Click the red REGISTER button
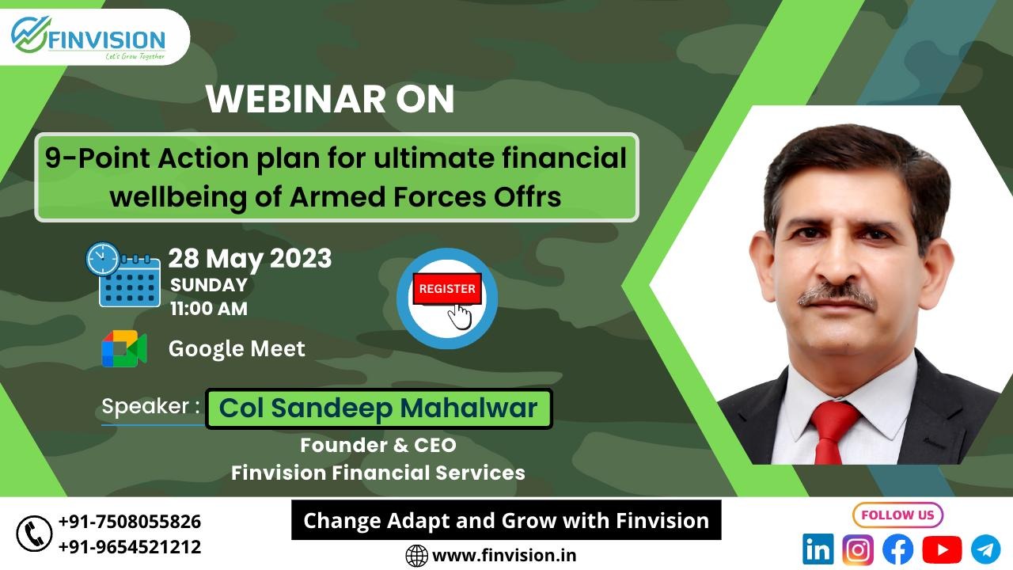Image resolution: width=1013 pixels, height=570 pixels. pos(447,289)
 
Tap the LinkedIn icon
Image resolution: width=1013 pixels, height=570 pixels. pos(818,549)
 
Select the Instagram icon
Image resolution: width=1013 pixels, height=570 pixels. pos(858,549)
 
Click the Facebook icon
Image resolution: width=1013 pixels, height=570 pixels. pos(897,549)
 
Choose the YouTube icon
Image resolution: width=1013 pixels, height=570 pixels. pos(942,549)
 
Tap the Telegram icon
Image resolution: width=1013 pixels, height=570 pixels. pos(986,549)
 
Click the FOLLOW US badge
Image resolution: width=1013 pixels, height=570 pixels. pos(897,515)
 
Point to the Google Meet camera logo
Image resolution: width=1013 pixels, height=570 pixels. pos(124,348)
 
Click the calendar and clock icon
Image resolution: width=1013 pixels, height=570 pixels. pos(123,275)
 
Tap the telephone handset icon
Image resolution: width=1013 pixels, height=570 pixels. pos(34,534)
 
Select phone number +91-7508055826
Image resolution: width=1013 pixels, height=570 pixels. pos(130,522)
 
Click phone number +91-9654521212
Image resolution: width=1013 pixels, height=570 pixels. pos(130,547)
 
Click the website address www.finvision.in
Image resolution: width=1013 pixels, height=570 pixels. pos(504,555)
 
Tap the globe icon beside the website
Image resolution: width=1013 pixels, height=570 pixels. pos(416,556)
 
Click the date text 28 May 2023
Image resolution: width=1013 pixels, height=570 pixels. pos(250,259)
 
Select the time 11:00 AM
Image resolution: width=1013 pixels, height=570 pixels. pos(209,309)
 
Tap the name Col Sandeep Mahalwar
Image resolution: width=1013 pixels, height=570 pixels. pos(378,408)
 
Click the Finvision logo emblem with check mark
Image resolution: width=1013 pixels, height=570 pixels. pos(30,34)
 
